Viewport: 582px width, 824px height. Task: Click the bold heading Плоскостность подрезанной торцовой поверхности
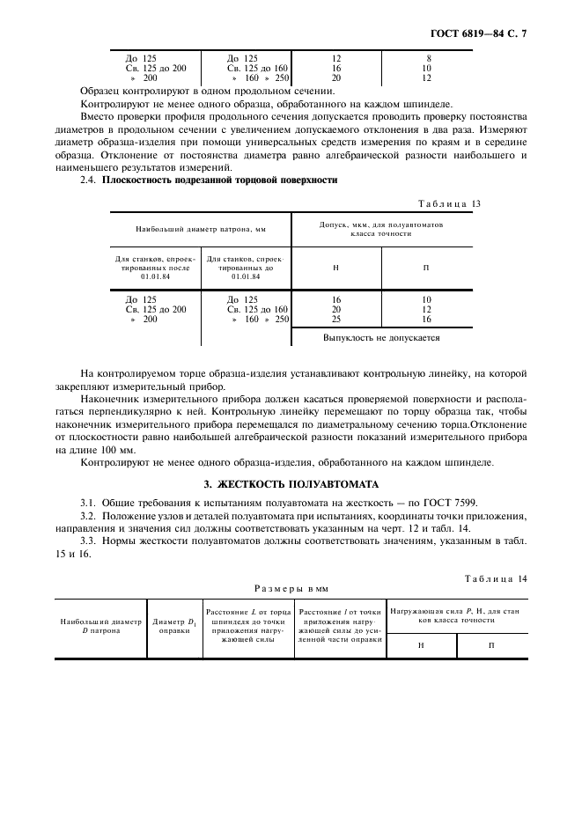click(220, 180)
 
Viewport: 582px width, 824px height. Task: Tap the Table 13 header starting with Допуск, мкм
click(380, 228)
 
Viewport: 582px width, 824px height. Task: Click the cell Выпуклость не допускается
click(380, 337)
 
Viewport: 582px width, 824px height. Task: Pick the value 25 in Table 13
click(336, 319)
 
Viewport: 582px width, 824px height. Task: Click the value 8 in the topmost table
click(428, 58)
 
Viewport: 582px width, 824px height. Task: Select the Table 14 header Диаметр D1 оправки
click(173, 626)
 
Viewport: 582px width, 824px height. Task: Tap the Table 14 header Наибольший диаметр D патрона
click(100, 626)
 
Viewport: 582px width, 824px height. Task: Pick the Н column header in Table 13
click(336, 267)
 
